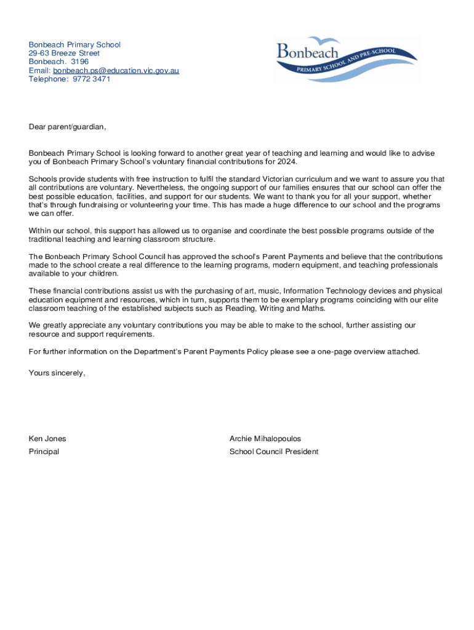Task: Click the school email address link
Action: (116, 71)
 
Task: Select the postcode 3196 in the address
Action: (79, 62)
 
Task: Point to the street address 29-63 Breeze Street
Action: (64, 54)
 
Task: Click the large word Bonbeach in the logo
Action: (308, 51)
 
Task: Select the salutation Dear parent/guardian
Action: (67, 127)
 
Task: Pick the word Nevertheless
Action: (160, 188)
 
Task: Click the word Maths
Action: (313, 308)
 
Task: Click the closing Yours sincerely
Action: (57, 373)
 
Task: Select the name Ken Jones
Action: (47, 439)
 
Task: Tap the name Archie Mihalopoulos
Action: (265, 439)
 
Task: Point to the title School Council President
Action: (274, 452)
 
